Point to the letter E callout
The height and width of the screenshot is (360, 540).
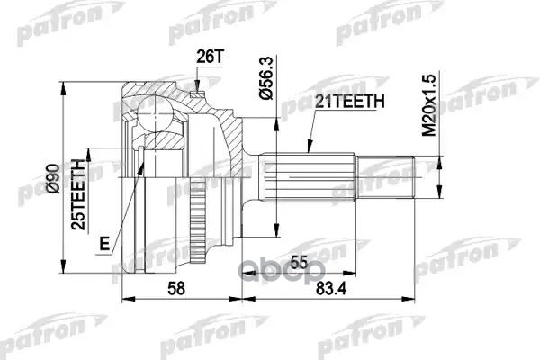pos(105,242)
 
